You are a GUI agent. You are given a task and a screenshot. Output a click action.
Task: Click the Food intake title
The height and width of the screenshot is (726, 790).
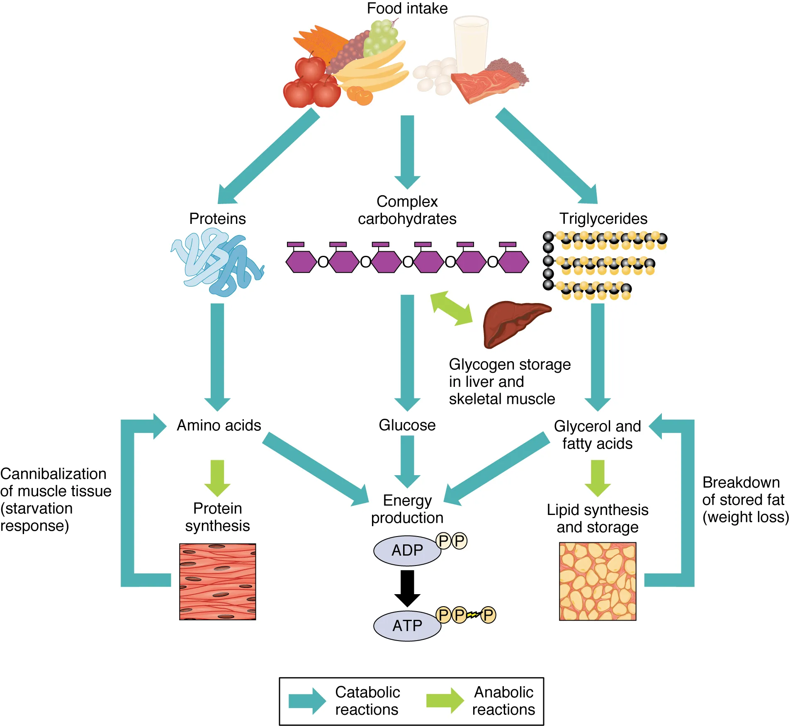(x=407, y=8)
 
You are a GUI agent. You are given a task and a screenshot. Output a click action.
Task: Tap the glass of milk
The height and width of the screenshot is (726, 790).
(x=471, y=44)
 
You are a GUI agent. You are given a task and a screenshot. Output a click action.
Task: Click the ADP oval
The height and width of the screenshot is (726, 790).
(x=407, y=550)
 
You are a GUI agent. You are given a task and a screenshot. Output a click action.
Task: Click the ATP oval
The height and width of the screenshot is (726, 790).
(x=407, y=625)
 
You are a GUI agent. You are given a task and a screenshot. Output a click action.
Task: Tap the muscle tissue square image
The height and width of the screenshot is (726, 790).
(x=217, y=581)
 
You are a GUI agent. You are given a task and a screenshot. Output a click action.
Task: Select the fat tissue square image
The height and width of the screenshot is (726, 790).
(x=597, y=581)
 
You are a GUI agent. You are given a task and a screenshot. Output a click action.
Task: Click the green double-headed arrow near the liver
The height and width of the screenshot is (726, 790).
(x=451, y=308)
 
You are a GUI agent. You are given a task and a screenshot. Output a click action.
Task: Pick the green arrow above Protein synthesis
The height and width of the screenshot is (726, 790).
(x=217, y=477)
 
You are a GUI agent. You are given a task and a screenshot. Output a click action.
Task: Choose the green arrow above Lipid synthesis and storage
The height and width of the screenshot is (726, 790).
(x=597, y=477)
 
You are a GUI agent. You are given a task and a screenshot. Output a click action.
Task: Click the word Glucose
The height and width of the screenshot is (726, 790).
(x=407, y=425)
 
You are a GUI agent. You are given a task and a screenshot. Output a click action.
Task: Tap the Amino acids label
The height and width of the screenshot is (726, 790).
(x=219, y=425)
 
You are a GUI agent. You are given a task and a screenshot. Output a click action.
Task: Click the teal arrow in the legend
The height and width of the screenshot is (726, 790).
(x=307, y=701)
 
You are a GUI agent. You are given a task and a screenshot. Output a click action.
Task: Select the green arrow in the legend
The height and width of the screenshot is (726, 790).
(x=445, y=701)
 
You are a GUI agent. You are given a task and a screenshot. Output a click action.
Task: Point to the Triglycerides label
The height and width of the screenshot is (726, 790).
(x=603, y=219)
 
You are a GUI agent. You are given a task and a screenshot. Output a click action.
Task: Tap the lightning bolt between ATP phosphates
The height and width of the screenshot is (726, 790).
(x=473, y=615)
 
